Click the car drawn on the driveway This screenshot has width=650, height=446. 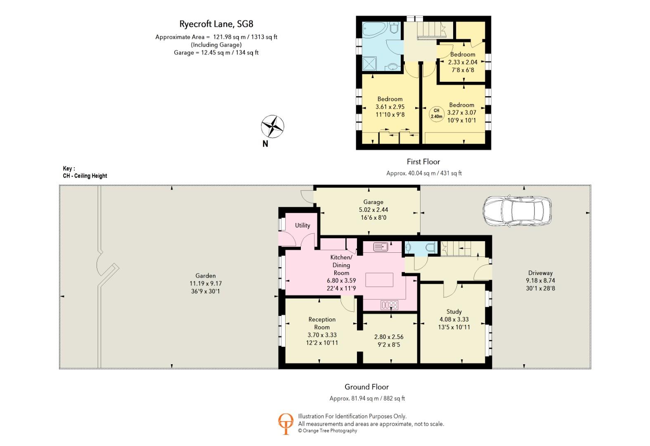pyautogui.click(x=517, y=211)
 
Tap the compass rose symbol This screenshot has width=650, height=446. pyautogui.click(x=272, y=126)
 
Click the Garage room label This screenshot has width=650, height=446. pyautogui.click(x=373, y=202)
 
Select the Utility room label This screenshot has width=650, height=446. pyautogui.click(x=303, y=225)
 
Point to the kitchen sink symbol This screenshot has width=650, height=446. pyautogui.click(x=381, y=247)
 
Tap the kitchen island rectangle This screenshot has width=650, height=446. pyautogui.click(x=379, y=280)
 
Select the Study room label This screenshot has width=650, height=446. pyautogui.click(x=454, y=311)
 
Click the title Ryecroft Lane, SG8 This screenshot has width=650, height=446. pyautogui.click(x=216, y=24)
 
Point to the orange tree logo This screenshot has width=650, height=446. pyautogui.click(x=286, y=423)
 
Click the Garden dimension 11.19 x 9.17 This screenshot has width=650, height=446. pyautogui.click(x=206, y=283)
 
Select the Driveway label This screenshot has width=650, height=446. pyautogui.click(x=540, y=273)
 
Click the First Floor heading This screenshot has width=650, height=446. pyautogui.click(x=423, y=161)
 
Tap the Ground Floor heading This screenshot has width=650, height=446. pyautogui.click(x=366, y=387)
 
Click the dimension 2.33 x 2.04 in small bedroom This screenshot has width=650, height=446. pyautogui.click(x=463, y=62)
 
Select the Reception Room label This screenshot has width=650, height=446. pyautogui.click(x=322, y=323)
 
